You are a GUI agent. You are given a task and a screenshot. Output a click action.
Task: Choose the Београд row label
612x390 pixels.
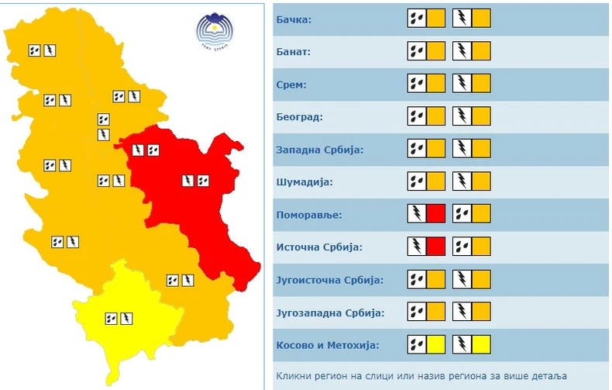point(299,117)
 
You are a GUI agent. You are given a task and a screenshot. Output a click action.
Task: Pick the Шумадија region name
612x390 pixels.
point(304,182)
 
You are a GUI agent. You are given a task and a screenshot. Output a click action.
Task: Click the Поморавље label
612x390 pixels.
point(308,215)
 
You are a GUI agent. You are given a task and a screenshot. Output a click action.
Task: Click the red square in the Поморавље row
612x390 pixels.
point(435,215)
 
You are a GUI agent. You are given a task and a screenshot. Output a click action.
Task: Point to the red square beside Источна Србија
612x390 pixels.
point(435,247)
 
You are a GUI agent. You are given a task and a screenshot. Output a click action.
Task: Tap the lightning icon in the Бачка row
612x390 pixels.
point(462,19)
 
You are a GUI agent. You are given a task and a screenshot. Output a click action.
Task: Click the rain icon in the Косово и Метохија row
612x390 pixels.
point(417,345)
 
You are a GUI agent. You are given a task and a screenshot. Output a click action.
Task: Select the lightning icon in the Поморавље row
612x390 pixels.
point(417,215)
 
